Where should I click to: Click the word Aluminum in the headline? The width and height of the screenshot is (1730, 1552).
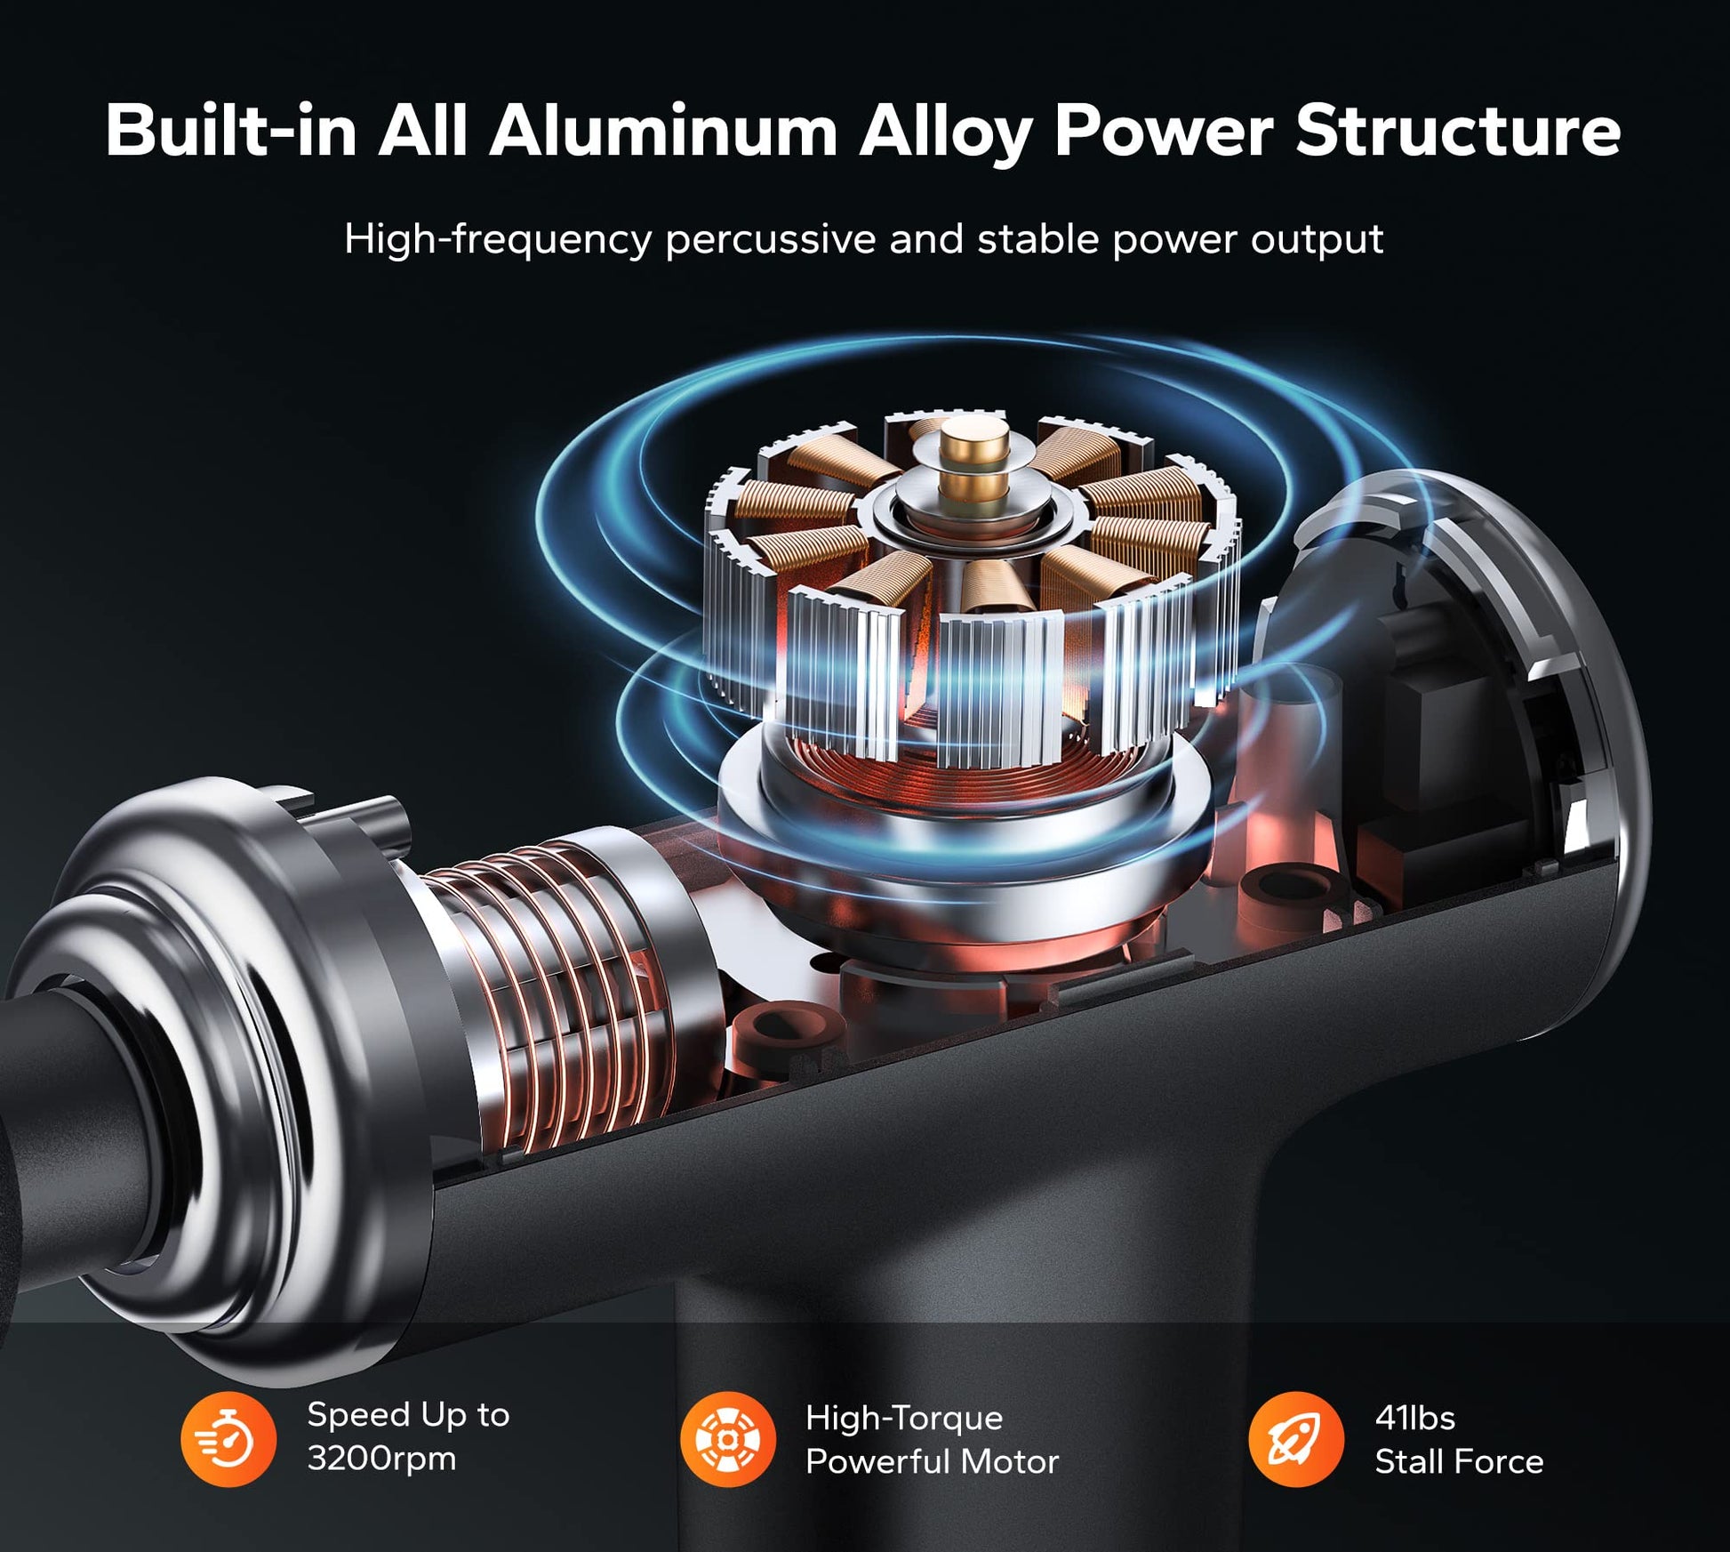663,132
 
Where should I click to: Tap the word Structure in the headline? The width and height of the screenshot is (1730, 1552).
1458,132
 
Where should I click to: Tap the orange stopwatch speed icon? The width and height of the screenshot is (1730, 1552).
228,1439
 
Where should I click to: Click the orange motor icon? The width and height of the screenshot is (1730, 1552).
728,1439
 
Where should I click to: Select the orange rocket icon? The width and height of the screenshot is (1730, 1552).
1296,1439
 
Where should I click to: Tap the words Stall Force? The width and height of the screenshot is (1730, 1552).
1459,1461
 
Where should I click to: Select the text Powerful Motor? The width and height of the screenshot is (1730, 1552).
933,1461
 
